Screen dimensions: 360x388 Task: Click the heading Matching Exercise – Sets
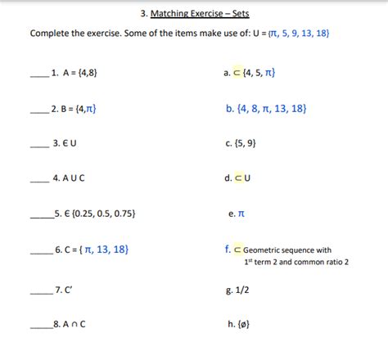200,14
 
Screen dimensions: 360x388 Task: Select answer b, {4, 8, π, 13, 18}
265,108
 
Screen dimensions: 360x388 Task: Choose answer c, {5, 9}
246,142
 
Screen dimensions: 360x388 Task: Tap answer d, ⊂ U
242,178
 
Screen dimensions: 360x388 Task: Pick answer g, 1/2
242,289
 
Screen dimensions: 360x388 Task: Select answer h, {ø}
241,324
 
